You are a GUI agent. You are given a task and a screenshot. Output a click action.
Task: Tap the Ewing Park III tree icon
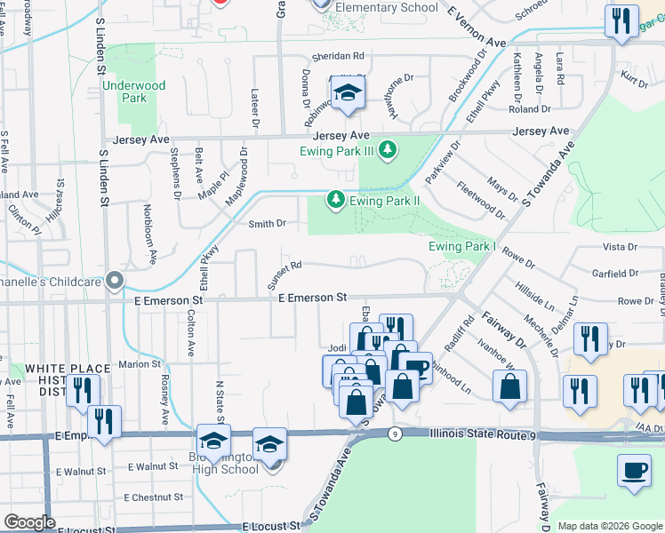click(387, 149)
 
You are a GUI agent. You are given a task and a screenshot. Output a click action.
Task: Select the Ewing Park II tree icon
click(336, 200)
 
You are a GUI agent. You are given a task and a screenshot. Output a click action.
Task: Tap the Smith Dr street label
click(267, 224)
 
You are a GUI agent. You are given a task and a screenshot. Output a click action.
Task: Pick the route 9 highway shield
click(393, 434)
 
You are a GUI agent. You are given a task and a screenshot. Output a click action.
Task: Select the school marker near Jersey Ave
click(346, 93)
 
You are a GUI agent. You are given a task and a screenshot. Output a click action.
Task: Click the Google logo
click(29, 522)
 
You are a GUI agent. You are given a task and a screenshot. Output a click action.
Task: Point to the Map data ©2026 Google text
click(610, 526)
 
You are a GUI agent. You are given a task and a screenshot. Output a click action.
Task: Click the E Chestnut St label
click(153, 497)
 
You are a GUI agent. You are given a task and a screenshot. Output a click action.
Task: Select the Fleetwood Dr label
click(480, 202)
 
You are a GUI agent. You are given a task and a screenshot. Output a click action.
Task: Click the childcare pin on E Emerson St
click(114, 281)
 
